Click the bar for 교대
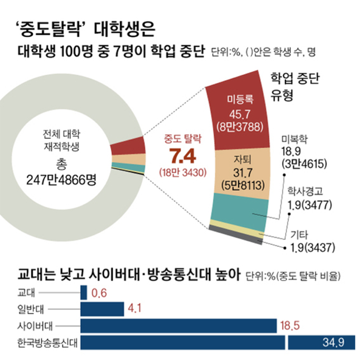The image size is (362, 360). tap(84, 292)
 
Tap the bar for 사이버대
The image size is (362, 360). tap(178, 325)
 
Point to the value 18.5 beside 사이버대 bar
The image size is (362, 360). tap(292, 325)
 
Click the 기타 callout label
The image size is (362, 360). tap(299, 233)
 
